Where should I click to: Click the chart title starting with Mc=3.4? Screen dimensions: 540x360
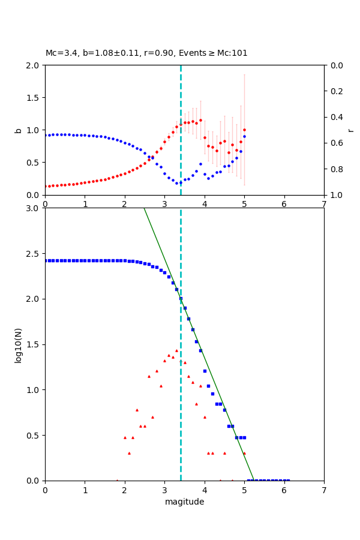(x=146, y=53)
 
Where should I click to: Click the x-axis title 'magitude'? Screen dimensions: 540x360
(x=184, y=502)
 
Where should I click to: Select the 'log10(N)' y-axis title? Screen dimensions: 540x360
(x=18, y=344)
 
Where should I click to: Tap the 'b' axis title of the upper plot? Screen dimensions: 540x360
(x=18, y=130)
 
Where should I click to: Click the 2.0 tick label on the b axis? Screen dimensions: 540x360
(x=33, y=65)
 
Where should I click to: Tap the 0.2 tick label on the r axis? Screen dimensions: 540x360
(x=336, y=91)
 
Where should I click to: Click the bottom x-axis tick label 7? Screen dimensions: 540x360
(x=324, y=490)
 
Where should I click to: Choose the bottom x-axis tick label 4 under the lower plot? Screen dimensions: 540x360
(x=205, y=490)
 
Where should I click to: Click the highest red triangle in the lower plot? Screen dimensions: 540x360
(x=176, y=350)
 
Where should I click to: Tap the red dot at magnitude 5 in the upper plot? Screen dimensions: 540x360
(x=244, y=130)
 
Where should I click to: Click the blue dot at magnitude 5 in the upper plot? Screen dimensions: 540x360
(x=244, y=136)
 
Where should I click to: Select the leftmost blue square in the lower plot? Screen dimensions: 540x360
(x=46, y=260)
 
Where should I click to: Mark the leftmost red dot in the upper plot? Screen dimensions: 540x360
(x=46, y=186)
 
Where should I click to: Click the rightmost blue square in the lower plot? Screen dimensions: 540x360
(x=288, y=480)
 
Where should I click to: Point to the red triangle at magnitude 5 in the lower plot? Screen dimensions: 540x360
(x=244, y=453)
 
